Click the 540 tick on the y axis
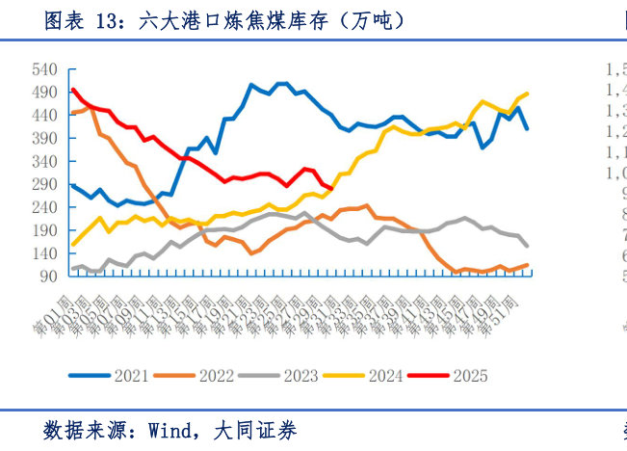pyautogui.click(x=45, y=69)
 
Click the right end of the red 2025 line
pyautogui.click(x=330, y=189)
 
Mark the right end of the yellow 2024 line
pyautogui.click(x=527, y=93)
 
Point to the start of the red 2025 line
pyautogui.click(x=73, y=90)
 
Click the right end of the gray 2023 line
pyautogui.click(x=527, y=246)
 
